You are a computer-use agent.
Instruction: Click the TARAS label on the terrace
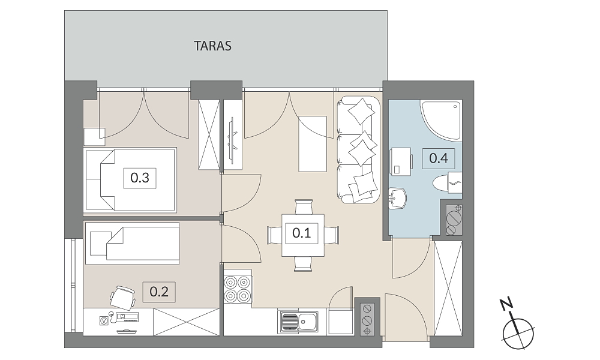point(212,46)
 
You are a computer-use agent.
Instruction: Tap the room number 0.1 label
point(302,233)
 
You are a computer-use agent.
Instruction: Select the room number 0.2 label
point(159,292)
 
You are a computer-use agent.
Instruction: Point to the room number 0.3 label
point(140,178)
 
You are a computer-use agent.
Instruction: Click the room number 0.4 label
point(439,158)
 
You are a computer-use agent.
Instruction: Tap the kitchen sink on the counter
point(298,322)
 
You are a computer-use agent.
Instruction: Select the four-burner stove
point(237,289)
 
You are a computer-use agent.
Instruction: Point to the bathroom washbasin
point(397,199)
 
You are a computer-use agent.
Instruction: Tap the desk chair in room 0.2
point(123,297)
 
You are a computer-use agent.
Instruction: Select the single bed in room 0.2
point(132,244)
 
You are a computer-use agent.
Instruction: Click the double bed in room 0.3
point(130,180)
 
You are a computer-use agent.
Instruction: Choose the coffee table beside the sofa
point(313,144)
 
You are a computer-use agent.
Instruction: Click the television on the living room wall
point(232,139)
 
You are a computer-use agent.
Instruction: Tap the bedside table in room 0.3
point(94,137)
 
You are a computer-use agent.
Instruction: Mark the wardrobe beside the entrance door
point(448,289)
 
